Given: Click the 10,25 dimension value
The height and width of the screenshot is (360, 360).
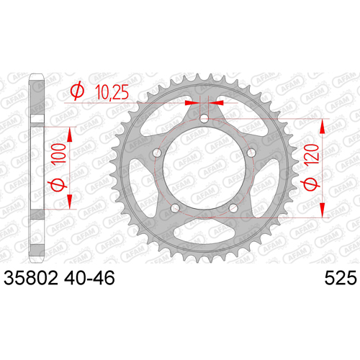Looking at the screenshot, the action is point(112,92).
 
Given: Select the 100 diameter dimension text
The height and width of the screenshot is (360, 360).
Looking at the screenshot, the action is point(60,154).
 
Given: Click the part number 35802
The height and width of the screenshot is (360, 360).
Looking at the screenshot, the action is point(31,278).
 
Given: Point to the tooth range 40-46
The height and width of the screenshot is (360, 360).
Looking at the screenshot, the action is point(89,278).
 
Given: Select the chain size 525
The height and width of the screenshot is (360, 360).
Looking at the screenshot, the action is point(341,278).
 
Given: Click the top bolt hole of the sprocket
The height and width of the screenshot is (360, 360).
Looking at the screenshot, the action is point(204,118).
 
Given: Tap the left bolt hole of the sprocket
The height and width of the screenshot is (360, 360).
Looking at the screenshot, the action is point(158,152).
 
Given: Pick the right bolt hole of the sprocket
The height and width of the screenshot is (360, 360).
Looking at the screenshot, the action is point(251,152).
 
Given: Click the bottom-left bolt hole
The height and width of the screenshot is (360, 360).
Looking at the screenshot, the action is point(175,208).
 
